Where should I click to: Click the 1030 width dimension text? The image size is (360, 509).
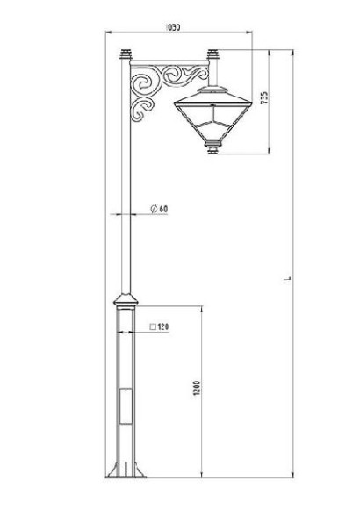pos(172,28)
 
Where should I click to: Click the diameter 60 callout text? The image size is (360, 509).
pos(162,209)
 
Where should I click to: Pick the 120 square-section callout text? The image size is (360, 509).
pos(162,328)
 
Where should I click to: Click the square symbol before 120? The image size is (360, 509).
pos(152,328)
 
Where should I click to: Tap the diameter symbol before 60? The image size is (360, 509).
pos(153,209)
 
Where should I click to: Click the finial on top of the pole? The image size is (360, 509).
pos(124,54)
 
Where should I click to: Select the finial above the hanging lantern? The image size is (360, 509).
pos(211,57)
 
